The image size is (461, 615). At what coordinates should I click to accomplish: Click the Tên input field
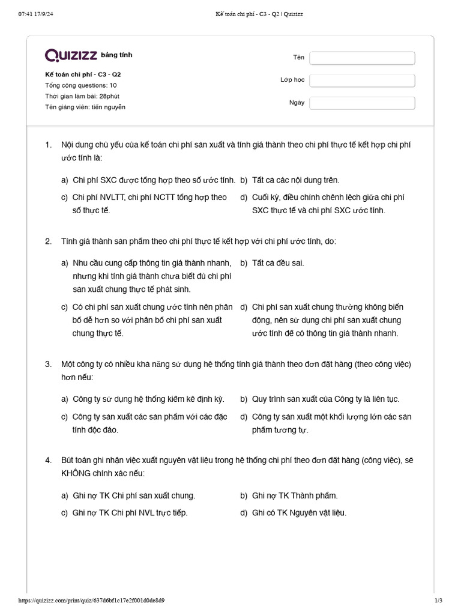click(362, 58)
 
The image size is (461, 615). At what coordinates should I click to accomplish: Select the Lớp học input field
click(362, 80)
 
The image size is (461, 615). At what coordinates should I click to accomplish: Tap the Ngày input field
click(362, 103)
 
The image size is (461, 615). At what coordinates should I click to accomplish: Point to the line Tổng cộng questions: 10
click(80, 85)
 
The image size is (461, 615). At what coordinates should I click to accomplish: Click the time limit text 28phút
click(115, 96)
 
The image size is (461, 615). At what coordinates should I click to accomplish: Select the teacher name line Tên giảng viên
click(85, 107)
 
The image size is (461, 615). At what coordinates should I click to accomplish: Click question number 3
click(48, 365)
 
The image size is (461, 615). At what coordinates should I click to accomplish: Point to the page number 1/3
click(438, 600)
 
